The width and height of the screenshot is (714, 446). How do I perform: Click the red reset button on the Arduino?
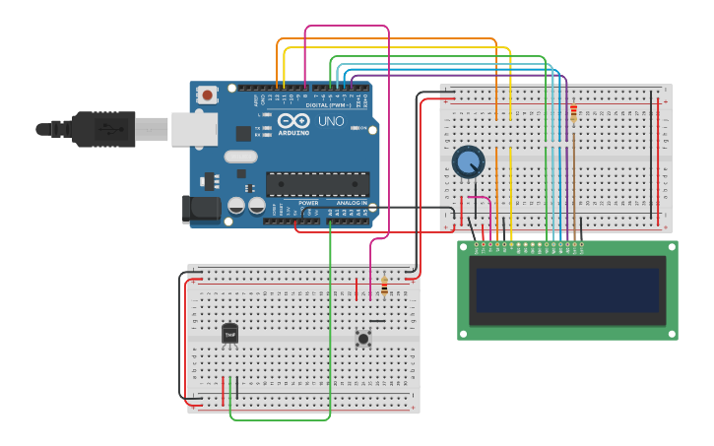point(208,95)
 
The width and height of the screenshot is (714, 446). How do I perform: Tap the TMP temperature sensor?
point(229,335)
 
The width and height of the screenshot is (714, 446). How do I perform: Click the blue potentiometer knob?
point(468,161)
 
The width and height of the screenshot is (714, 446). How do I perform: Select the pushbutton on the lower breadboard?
point(363,338)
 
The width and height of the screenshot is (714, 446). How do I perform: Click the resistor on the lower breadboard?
point(383,289)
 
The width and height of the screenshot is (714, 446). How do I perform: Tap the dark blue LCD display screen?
point(567,289)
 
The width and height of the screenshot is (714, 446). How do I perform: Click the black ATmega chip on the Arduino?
point(317,184)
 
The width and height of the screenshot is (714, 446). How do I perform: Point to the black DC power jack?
point(200,209)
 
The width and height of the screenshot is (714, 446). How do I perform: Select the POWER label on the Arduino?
point(309,202)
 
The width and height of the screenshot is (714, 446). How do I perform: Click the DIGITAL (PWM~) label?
point(329,104)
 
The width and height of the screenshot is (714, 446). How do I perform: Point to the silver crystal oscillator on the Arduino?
point(240,156)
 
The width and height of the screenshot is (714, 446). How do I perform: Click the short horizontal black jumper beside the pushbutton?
point(377,319)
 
